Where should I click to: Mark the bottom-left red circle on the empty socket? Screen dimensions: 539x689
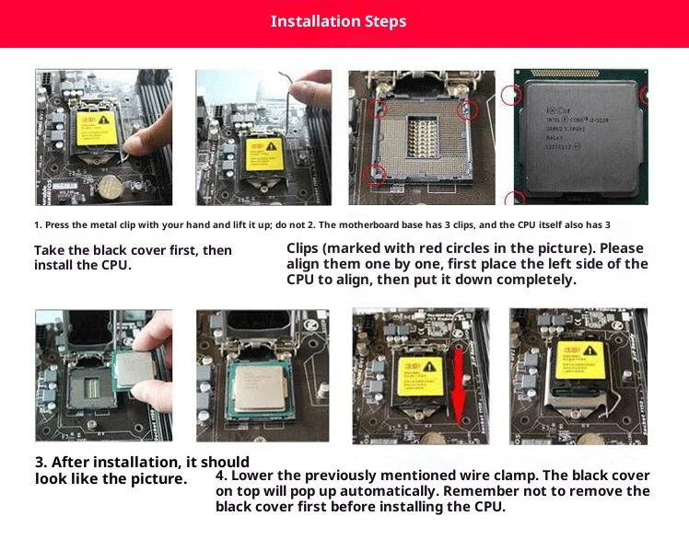coord(374,173)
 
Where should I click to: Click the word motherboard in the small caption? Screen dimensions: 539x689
coord(380,224)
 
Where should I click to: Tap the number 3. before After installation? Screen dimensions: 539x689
coord(41,462)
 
